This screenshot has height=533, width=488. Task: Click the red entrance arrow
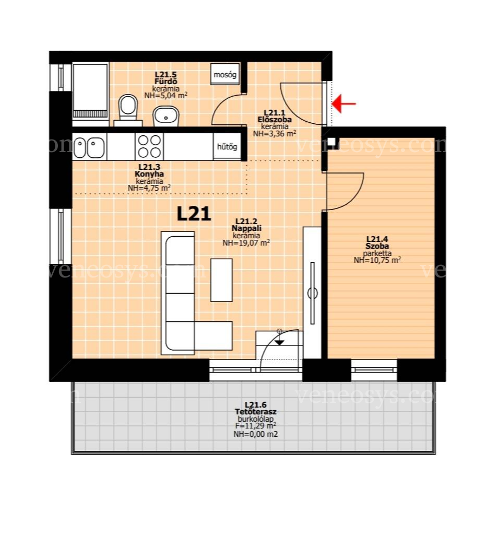(343, 103)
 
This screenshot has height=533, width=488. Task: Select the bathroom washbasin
(166, 116)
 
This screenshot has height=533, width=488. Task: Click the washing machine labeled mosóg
(224, 74)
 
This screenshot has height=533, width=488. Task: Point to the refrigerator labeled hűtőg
(227, 146)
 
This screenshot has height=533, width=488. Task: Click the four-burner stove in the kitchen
(149, 146)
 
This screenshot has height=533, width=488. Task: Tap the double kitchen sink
(89, 147)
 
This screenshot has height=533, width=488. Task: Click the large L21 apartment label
(194, 214)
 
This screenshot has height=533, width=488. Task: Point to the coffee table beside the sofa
(221, 280)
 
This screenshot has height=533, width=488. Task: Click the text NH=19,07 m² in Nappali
(246, 242)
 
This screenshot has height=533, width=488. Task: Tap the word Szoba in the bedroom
(377, 246)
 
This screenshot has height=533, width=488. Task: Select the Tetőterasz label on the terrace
(255, 412)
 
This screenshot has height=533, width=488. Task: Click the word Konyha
(149, 174)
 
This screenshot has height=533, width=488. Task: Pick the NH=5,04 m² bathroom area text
(166, 96)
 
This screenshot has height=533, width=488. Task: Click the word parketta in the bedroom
(377, 253)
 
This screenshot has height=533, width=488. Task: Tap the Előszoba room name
(275, 120)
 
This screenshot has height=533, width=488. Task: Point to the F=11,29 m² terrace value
(255, 426)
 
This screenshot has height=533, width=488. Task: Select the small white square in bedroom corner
(334, 142)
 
